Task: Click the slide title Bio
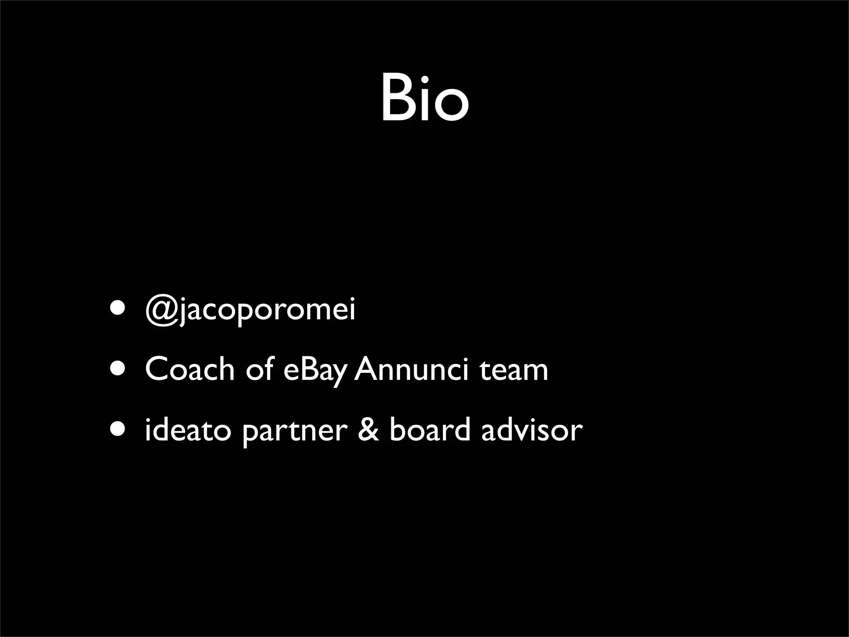[x=424, y=98]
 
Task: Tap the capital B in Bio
[x=395, y=98]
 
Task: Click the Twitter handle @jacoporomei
[x=250, y=310]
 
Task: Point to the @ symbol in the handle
[x=161, y=310]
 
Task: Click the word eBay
[x=314, y=370]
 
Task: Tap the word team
[x=514, y=370]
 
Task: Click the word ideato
[x=187, y=430]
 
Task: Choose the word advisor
[x=532, y=430]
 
